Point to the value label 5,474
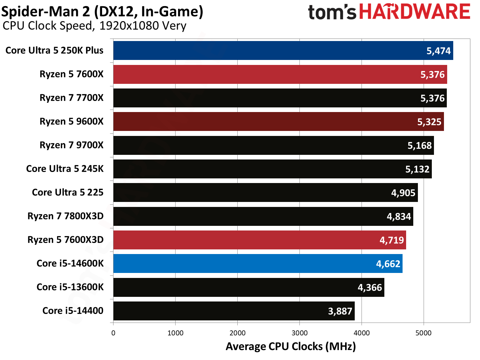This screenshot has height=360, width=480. [439, 51]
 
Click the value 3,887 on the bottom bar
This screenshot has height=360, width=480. [340, 311]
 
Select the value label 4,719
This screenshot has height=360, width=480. [391, 240]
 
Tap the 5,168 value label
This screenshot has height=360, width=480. [420, 146]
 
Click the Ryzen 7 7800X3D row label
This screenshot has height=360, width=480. [66, 216]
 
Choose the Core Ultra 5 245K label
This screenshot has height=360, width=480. [65, 169]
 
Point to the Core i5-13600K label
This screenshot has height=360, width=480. [70, 287]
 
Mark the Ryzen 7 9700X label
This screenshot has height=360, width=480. [71, 145]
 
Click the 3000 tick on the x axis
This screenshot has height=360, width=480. [299, 333]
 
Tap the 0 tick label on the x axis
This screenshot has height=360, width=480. [113, 333]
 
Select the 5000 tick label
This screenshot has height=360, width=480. [423, 333]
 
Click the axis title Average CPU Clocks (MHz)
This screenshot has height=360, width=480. [290, 346]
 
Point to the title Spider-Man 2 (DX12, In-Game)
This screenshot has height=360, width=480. [102, 11]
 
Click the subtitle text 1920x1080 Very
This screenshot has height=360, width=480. [143, 26]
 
